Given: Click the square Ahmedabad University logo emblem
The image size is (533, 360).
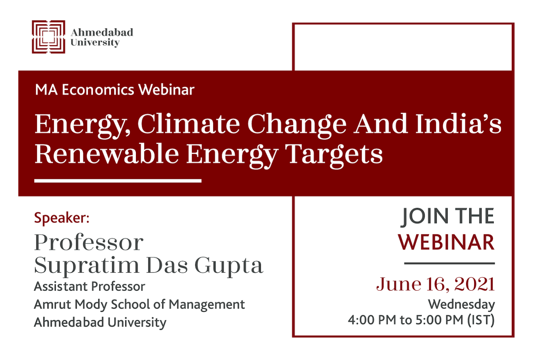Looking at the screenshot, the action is (x=49, y=37).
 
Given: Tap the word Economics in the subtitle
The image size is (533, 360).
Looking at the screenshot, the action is (x=98, y=90).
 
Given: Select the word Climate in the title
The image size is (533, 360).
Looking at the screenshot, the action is (x=189, y=124).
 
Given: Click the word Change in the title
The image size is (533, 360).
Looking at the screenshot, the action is (x=297, y=125).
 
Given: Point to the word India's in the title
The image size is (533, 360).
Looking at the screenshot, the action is (x=458, y=123).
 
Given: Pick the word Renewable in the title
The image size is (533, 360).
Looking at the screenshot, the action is (x=107, y=154).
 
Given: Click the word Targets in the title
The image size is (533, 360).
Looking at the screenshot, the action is (x=334, y=155).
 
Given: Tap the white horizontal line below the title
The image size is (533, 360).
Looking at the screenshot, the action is (x=118, y=181).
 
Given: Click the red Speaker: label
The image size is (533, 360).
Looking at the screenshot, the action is (x=62, y=218).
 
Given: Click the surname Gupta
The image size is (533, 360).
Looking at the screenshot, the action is (x=229, y=266).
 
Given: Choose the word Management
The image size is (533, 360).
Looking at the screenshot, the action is (x=207, y=305).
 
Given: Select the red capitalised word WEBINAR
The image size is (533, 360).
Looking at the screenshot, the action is (x=446, y=242).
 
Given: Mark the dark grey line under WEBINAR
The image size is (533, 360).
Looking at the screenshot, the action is (x=450, y=263).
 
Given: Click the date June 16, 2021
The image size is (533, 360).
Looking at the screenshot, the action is (x=436, y=285).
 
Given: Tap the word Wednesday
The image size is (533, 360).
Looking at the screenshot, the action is (x=461, y=305).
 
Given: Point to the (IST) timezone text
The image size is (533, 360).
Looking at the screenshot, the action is (x=481, y=320).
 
